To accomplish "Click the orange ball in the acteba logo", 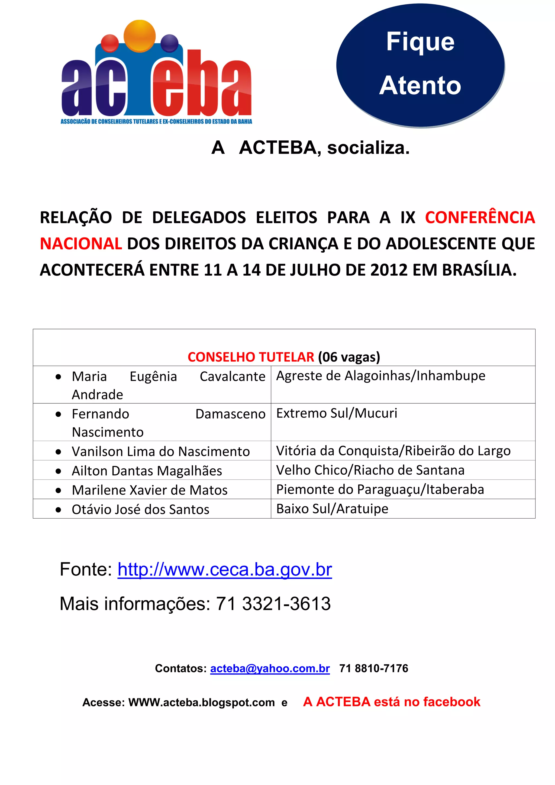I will pos(140,35).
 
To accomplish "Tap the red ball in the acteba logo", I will pos(110,43).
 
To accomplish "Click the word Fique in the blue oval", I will pos(420,42).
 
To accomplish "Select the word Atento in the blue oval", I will pos(420,85).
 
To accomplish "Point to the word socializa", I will pos(368,148).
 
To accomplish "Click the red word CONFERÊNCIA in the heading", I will pos(480,217).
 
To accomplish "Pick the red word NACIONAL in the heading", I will pos(81,244).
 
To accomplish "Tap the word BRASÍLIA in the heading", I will pos(479,270).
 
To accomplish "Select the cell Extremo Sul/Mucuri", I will pos(337,413).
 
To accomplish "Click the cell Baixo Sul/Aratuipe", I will pos(332,509).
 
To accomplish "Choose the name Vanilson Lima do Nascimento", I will pos(161,452).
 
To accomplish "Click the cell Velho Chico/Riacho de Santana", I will pos(370,470).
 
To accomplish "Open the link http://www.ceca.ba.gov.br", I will pos(225,570).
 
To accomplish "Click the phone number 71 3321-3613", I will pos(273,604).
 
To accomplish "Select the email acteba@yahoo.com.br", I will pos(270,668).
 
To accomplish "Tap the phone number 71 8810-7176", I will pos(373,668).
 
